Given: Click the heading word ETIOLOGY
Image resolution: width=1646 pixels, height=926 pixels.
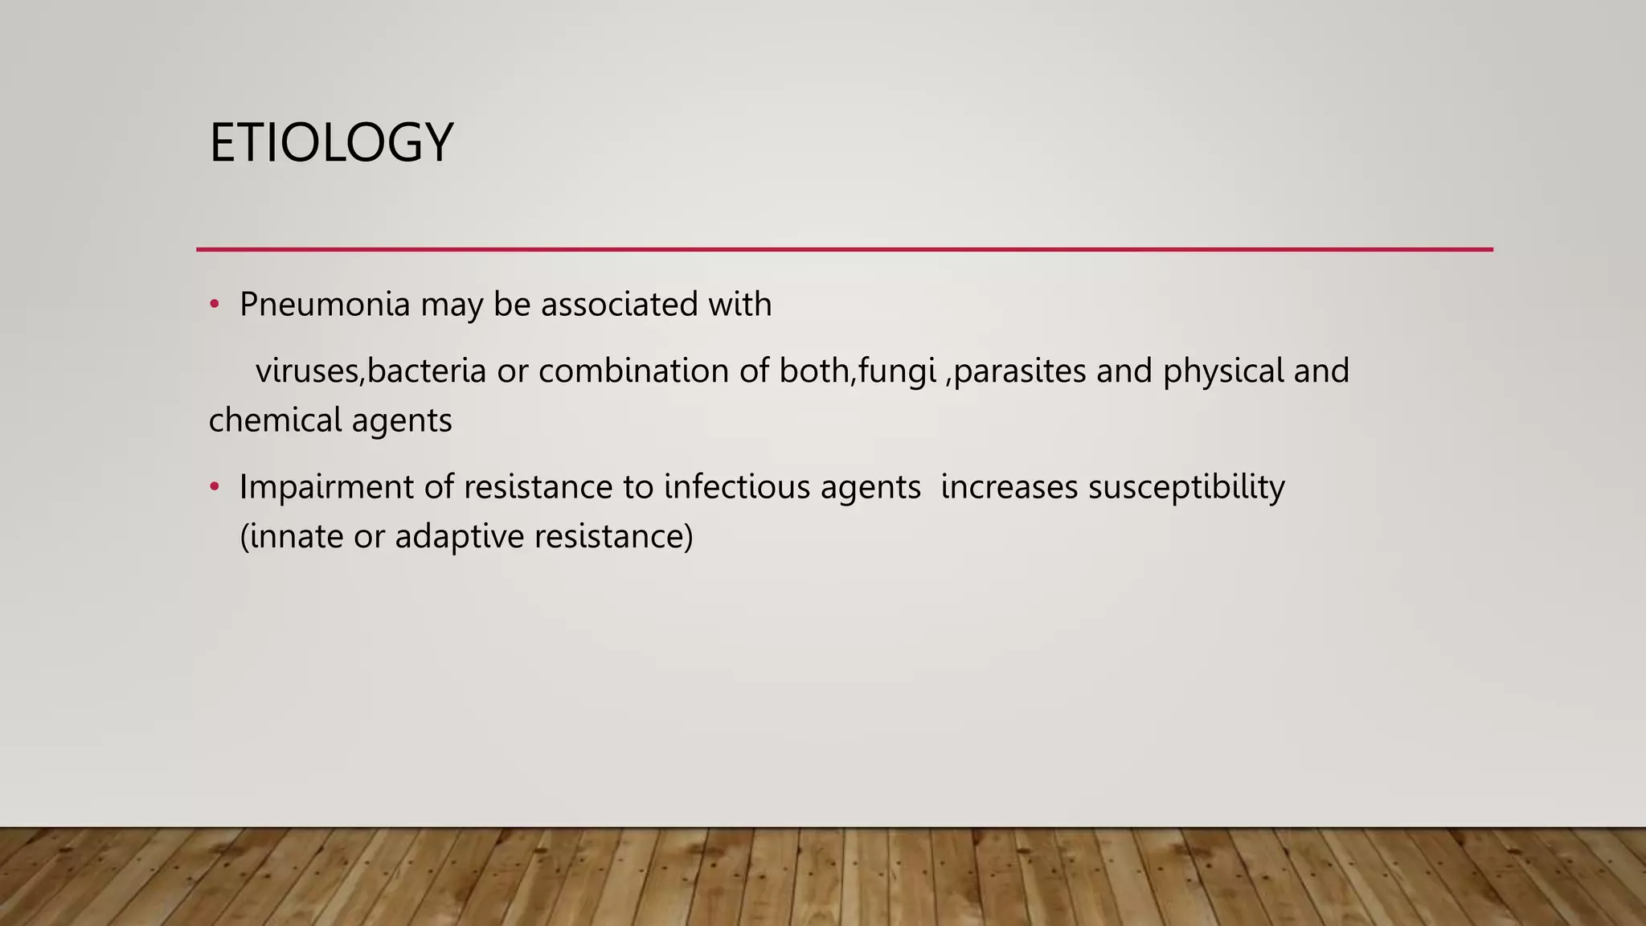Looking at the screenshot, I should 331,143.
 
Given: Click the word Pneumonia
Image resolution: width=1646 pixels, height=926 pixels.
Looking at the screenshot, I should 325,305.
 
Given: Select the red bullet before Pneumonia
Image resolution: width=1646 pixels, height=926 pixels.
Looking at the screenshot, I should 214,305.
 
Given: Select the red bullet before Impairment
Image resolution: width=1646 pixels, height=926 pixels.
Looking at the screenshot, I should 214,487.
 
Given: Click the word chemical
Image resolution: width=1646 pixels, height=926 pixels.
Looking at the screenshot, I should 275,420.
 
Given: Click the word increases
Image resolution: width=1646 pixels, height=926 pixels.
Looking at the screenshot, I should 1009,487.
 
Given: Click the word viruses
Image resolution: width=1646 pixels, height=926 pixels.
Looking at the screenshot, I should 309,371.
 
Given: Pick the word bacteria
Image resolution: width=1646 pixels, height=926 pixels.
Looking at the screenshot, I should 427,371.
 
